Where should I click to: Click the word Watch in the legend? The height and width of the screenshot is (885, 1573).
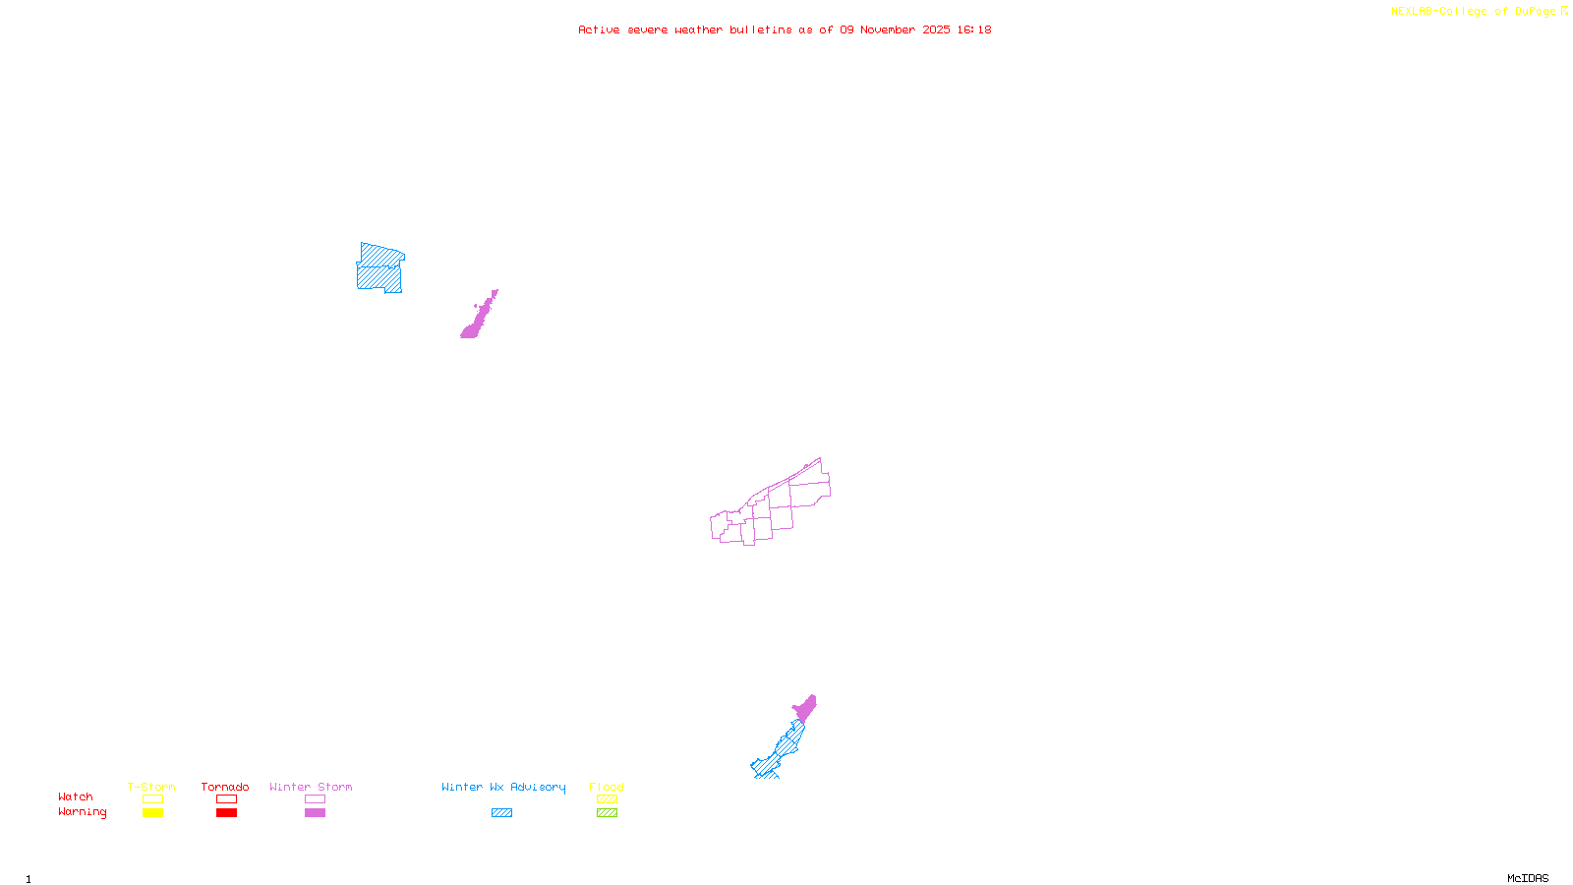[x=76, y=797]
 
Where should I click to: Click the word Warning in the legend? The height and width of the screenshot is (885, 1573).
[x=82, y=812]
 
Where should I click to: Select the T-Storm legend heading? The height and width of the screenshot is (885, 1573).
[x=151, y=787]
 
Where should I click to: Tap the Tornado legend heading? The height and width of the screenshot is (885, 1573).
[x=225, y=787]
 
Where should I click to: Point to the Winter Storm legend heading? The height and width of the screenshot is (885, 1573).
[x=311, y=787]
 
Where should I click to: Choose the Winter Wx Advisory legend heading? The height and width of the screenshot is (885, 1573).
[x=503, y=787]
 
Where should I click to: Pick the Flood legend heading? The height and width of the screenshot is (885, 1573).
[x=607, y=787]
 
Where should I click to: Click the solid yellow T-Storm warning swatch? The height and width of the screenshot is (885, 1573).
[x=152, y=813]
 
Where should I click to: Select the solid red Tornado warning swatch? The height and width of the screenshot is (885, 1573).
[x=226, y=813]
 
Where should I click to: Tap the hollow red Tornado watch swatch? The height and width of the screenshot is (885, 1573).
[x=226, y=799]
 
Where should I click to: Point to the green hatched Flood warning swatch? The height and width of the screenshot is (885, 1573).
[x=607, y=813]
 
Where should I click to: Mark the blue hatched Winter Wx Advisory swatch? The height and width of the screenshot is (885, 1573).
[x=501, y=813]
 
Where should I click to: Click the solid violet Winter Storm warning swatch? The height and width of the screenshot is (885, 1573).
[x=315, y=813]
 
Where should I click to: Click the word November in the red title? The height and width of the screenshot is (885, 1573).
[x=888, y=30]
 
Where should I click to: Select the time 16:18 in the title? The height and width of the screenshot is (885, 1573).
[x=974, y=30]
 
